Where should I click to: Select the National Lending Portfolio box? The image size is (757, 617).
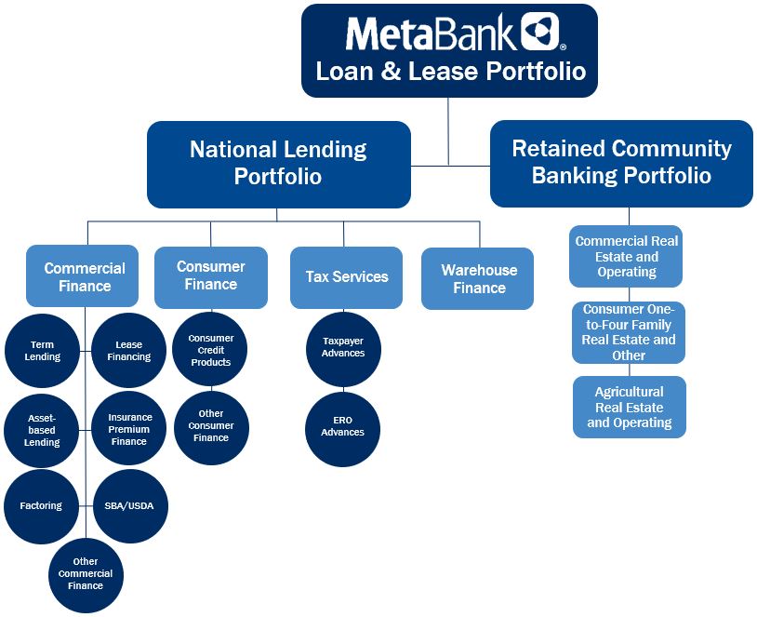tap(278, 164)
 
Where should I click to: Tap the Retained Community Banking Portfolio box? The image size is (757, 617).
tap(621, 163)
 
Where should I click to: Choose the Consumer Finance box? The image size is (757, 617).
tap(211, 276)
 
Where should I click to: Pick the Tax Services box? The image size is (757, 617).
tap(346, 277)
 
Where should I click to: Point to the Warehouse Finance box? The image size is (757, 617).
tap(478, 278)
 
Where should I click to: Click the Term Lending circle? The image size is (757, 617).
tap(43, 351)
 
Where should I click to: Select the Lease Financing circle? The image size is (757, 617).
tap(129, 351)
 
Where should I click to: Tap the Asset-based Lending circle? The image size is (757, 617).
tap(43, 430)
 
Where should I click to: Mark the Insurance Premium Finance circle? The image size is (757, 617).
tap(129, 430)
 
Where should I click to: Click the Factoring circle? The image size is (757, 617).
tap(41, 505)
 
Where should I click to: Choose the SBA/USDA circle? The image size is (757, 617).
tap(130, 505)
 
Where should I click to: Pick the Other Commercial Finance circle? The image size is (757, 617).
tap(86, 574)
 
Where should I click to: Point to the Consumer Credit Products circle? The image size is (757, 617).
tap(211, 350)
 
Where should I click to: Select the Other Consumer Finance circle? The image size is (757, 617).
tap(211, 426)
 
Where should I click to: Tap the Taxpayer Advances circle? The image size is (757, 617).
tap(343, 347)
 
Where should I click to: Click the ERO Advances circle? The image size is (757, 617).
tap(343, 426)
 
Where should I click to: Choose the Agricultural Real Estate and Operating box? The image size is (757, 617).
tap(629, 407)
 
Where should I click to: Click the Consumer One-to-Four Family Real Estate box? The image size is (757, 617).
tap(629, 332)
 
